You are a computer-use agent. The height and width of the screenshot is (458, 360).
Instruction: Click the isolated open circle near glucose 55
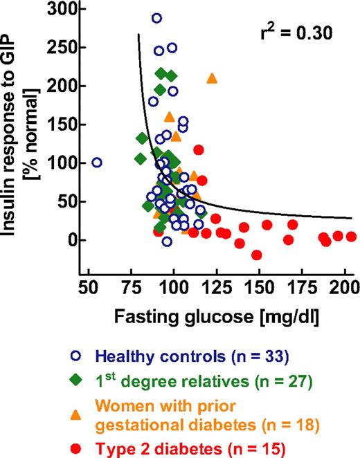point(97,163)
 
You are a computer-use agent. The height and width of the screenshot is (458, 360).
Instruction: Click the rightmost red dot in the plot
point(351,237)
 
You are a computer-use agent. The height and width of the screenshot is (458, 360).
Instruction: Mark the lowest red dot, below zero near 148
point(257,255)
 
